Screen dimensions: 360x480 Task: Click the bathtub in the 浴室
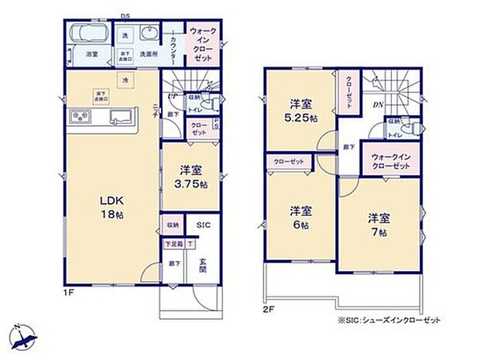pos(87,36)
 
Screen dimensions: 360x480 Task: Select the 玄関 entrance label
pos(201,266)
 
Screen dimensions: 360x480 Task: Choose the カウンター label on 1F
pos(173,47)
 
